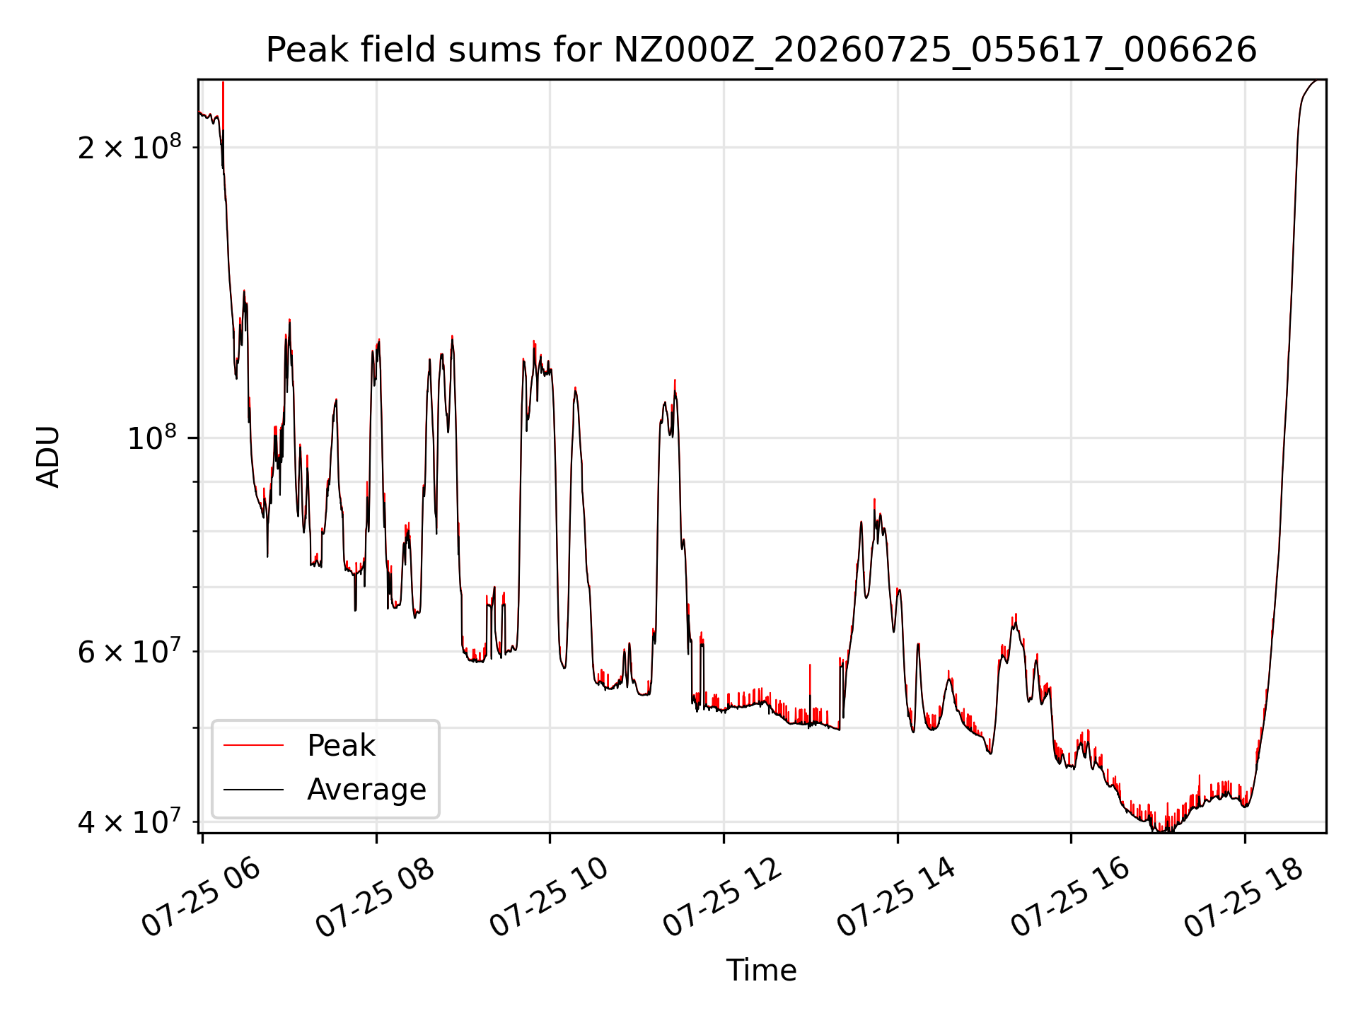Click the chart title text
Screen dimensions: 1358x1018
(x=761, y=50)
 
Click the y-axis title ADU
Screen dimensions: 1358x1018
(x=48, y=457)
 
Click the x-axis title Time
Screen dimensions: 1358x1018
(x=762, y=971)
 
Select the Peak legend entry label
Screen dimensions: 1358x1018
(x=341, y=746)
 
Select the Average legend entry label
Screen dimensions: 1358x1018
(x=366, y=790)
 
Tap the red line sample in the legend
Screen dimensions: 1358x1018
(x=253, y=746)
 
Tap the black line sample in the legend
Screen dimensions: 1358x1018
(x=253, y=790)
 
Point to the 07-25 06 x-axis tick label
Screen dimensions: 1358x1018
(x=202, y=897)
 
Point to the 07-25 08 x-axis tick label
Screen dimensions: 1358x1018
(x=375, y=897)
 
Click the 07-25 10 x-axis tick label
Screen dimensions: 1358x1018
(x=549, y=897)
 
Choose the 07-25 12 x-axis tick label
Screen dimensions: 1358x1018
(x=723, y=897)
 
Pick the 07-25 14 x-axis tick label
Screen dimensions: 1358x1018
(x=897, y=897)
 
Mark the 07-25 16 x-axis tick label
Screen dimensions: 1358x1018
(x=1070, y=897)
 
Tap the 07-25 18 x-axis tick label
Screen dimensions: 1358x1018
(x=1244, y=897)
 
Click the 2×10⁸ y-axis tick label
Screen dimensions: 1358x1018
(x=129, y=146)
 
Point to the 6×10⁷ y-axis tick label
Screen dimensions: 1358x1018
(x=129, y=650)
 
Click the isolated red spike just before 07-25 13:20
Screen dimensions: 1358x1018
(x=810, y=689)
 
